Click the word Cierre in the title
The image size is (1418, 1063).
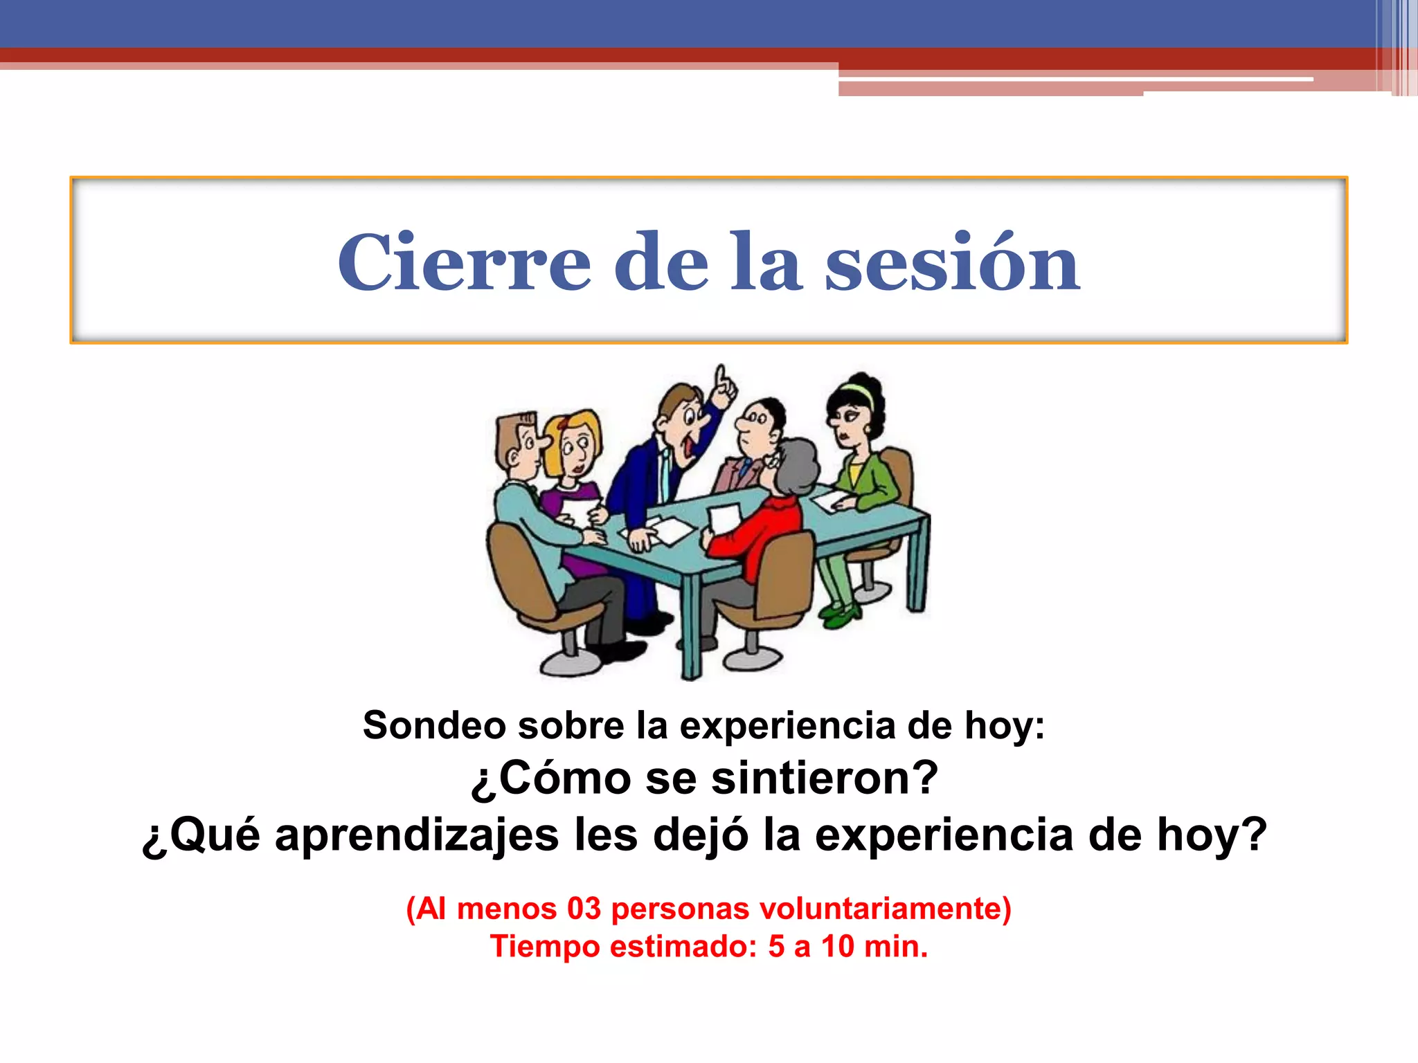464,263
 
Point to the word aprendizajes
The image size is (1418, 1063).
417,835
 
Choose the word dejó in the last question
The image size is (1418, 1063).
700,835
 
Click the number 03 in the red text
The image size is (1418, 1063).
584,909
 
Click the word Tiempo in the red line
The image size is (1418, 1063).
545,947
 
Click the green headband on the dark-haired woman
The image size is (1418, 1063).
858,392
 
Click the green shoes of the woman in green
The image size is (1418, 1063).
840,616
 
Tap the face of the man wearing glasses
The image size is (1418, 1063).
755,426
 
